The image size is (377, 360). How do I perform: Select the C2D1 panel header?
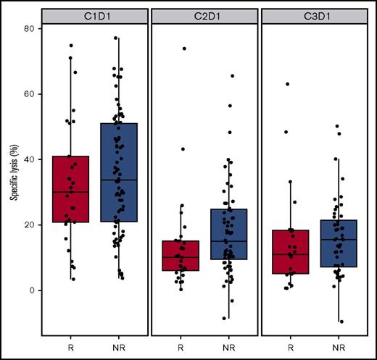(x=204, y=14)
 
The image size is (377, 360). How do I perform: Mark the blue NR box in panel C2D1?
(x=228, y=234)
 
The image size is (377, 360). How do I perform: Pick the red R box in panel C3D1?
(x=291, y=251)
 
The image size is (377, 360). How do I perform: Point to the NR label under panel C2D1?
(x=228, y=346)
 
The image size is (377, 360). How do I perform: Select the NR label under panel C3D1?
(x=338, y=346)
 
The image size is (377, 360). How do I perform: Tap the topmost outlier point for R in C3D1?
(x=288, y=84)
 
